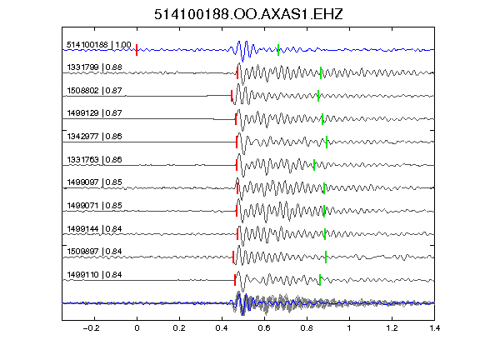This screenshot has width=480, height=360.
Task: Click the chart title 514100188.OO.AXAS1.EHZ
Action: click(x=248, y=14)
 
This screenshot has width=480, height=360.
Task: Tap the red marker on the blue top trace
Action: click(x=137, y=50)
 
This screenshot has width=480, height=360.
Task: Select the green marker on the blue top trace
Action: click(x=278, y=50)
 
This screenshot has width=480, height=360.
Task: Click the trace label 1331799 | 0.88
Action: click(x=95, y=67)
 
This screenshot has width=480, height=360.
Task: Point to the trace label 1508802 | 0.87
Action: click(x=95, y=91)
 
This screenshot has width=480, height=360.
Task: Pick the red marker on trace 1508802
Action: click(x=232, y=96)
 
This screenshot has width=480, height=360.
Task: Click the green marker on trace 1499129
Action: click(x=322, y=119)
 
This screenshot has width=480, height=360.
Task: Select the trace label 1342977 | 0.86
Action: click(x=95, y=137)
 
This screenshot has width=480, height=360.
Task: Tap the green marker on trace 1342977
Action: click(x=327, y=142)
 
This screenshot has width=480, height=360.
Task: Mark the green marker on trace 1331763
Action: click(x=314, y=165)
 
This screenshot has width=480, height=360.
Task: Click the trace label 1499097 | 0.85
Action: click(x=95, y=182)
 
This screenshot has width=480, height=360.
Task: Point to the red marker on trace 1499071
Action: click(x=237, y=211)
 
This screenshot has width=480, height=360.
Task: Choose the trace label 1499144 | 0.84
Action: click(x=95, y=229)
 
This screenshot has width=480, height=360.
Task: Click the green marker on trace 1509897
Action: click(x=326, y=257)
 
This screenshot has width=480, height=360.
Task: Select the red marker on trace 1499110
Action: click(x=235, y=280)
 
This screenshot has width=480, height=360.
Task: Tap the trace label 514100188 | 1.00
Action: click(x=99, y=45)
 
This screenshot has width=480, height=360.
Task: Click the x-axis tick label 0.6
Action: click(x=264, y=328)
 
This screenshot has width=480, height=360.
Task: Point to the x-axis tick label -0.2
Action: click(x=92, y=328)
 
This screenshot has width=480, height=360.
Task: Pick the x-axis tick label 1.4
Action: click(x=435, y=328)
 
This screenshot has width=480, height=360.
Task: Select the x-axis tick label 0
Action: click(x=137, y=328)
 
